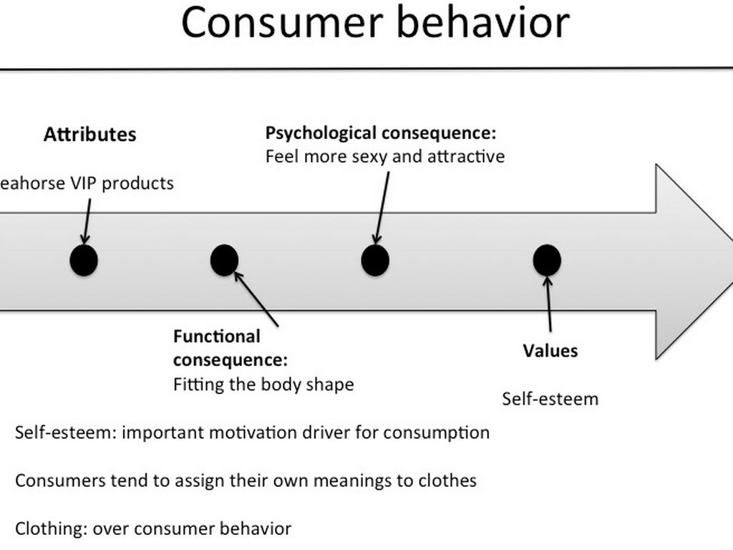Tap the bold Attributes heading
click(89, 135)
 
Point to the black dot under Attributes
click(84, 260)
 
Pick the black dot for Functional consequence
click(224, 260)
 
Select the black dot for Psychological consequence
click(375, 260)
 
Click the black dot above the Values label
click(547, 260)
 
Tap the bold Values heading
click(550, 351)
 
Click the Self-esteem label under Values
click(550, 399)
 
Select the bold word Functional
click(217, 337)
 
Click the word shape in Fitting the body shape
click(331, 385)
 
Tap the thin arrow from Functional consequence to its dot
click(256, 299)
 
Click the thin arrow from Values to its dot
click(549, 304)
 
